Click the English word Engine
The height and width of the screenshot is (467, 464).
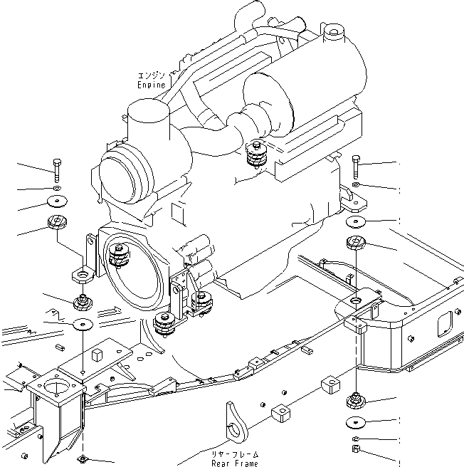(x=152, y=85)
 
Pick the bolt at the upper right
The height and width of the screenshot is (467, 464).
(x=355, y=167)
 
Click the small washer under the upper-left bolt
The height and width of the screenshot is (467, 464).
(x=58, y=189)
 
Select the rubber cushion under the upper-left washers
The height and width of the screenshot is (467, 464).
(x=57, y=223)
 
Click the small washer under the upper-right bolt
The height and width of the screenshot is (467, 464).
(x=355, y=187)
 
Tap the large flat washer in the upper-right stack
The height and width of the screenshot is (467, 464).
(x=355, y=221)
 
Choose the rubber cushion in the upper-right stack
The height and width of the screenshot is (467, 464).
(x=354, y=243)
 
